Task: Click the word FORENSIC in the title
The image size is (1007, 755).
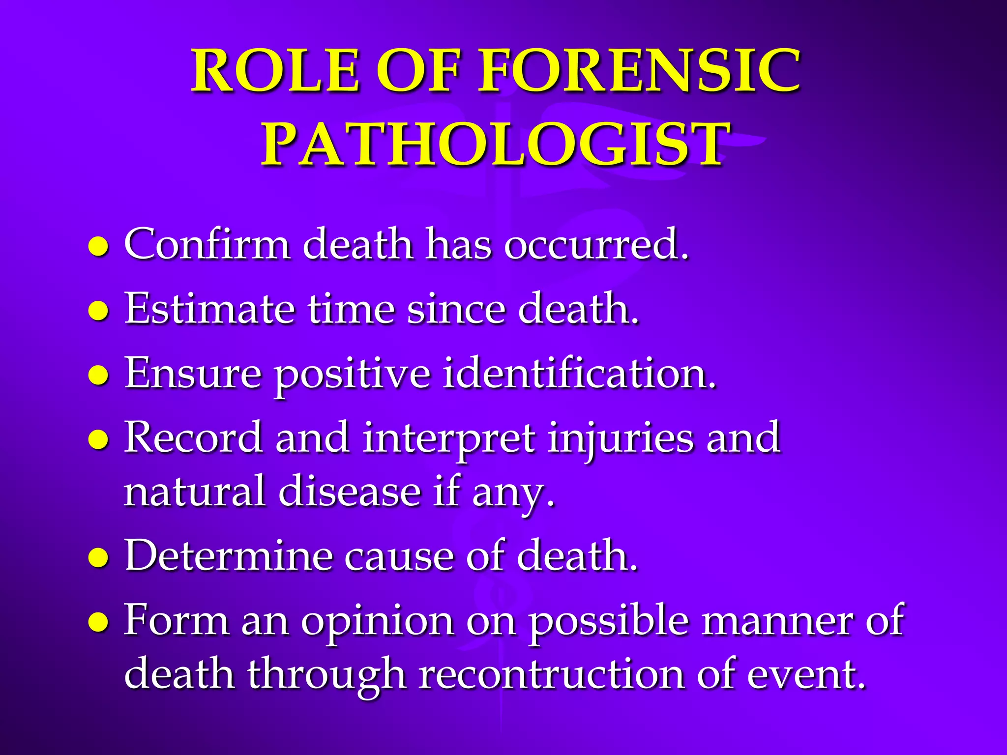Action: click(x=640, y=71)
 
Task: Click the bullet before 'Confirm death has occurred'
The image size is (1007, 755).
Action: click(x=98, y=246)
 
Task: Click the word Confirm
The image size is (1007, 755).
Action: click(x=207, y=244)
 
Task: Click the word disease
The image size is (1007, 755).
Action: click(x=350, y=492)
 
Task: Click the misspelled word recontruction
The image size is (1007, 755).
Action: click(x=551, y=674)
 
